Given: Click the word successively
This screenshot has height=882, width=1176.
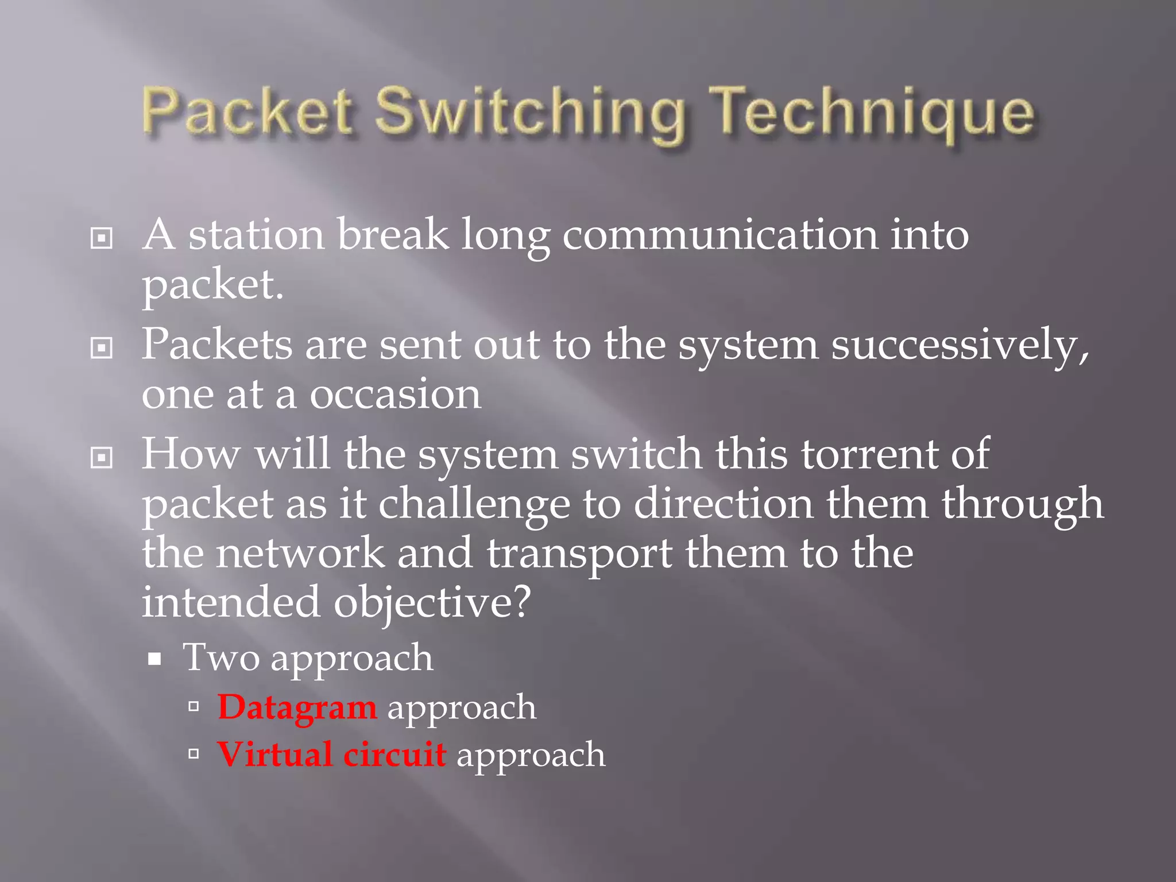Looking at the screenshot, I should [x=960, y=346].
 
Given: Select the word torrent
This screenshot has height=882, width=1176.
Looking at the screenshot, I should [x=869, y=454].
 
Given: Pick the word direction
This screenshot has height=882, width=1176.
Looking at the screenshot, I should [x=723, y=503].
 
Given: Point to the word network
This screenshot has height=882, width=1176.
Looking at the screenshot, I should [x=300, y=553].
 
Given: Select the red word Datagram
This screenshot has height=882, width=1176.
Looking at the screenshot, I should [x=297, y=707].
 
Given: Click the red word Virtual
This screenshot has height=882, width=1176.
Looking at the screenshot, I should [x=274, y=755].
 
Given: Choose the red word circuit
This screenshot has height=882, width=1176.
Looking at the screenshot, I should [x=394, y=755].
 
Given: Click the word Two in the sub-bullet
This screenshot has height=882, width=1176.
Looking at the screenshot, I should [x=220, y=657].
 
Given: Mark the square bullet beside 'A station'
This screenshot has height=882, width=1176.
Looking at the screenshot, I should [x=102, y=238].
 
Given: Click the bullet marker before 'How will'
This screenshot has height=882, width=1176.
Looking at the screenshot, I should [x=102, y=458].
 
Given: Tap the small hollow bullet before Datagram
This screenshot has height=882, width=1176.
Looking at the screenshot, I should [x=194, y=706].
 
